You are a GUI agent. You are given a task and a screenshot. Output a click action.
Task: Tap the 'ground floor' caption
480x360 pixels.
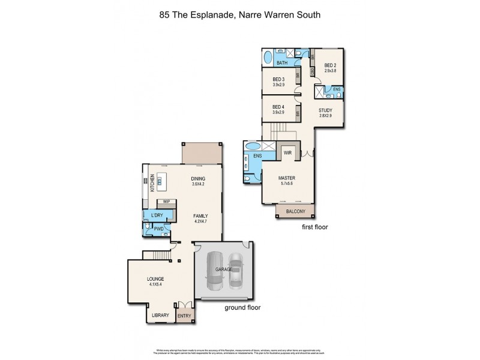point(243,307)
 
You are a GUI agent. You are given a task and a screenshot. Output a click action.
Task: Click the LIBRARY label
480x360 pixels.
point(160,315)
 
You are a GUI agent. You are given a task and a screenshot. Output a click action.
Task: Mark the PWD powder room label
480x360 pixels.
point(159,228)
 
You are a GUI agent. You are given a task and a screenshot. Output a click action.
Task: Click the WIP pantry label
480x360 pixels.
point(166,202)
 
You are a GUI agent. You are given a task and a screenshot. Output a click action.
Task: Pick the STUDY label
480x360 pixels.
point(325,111)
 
